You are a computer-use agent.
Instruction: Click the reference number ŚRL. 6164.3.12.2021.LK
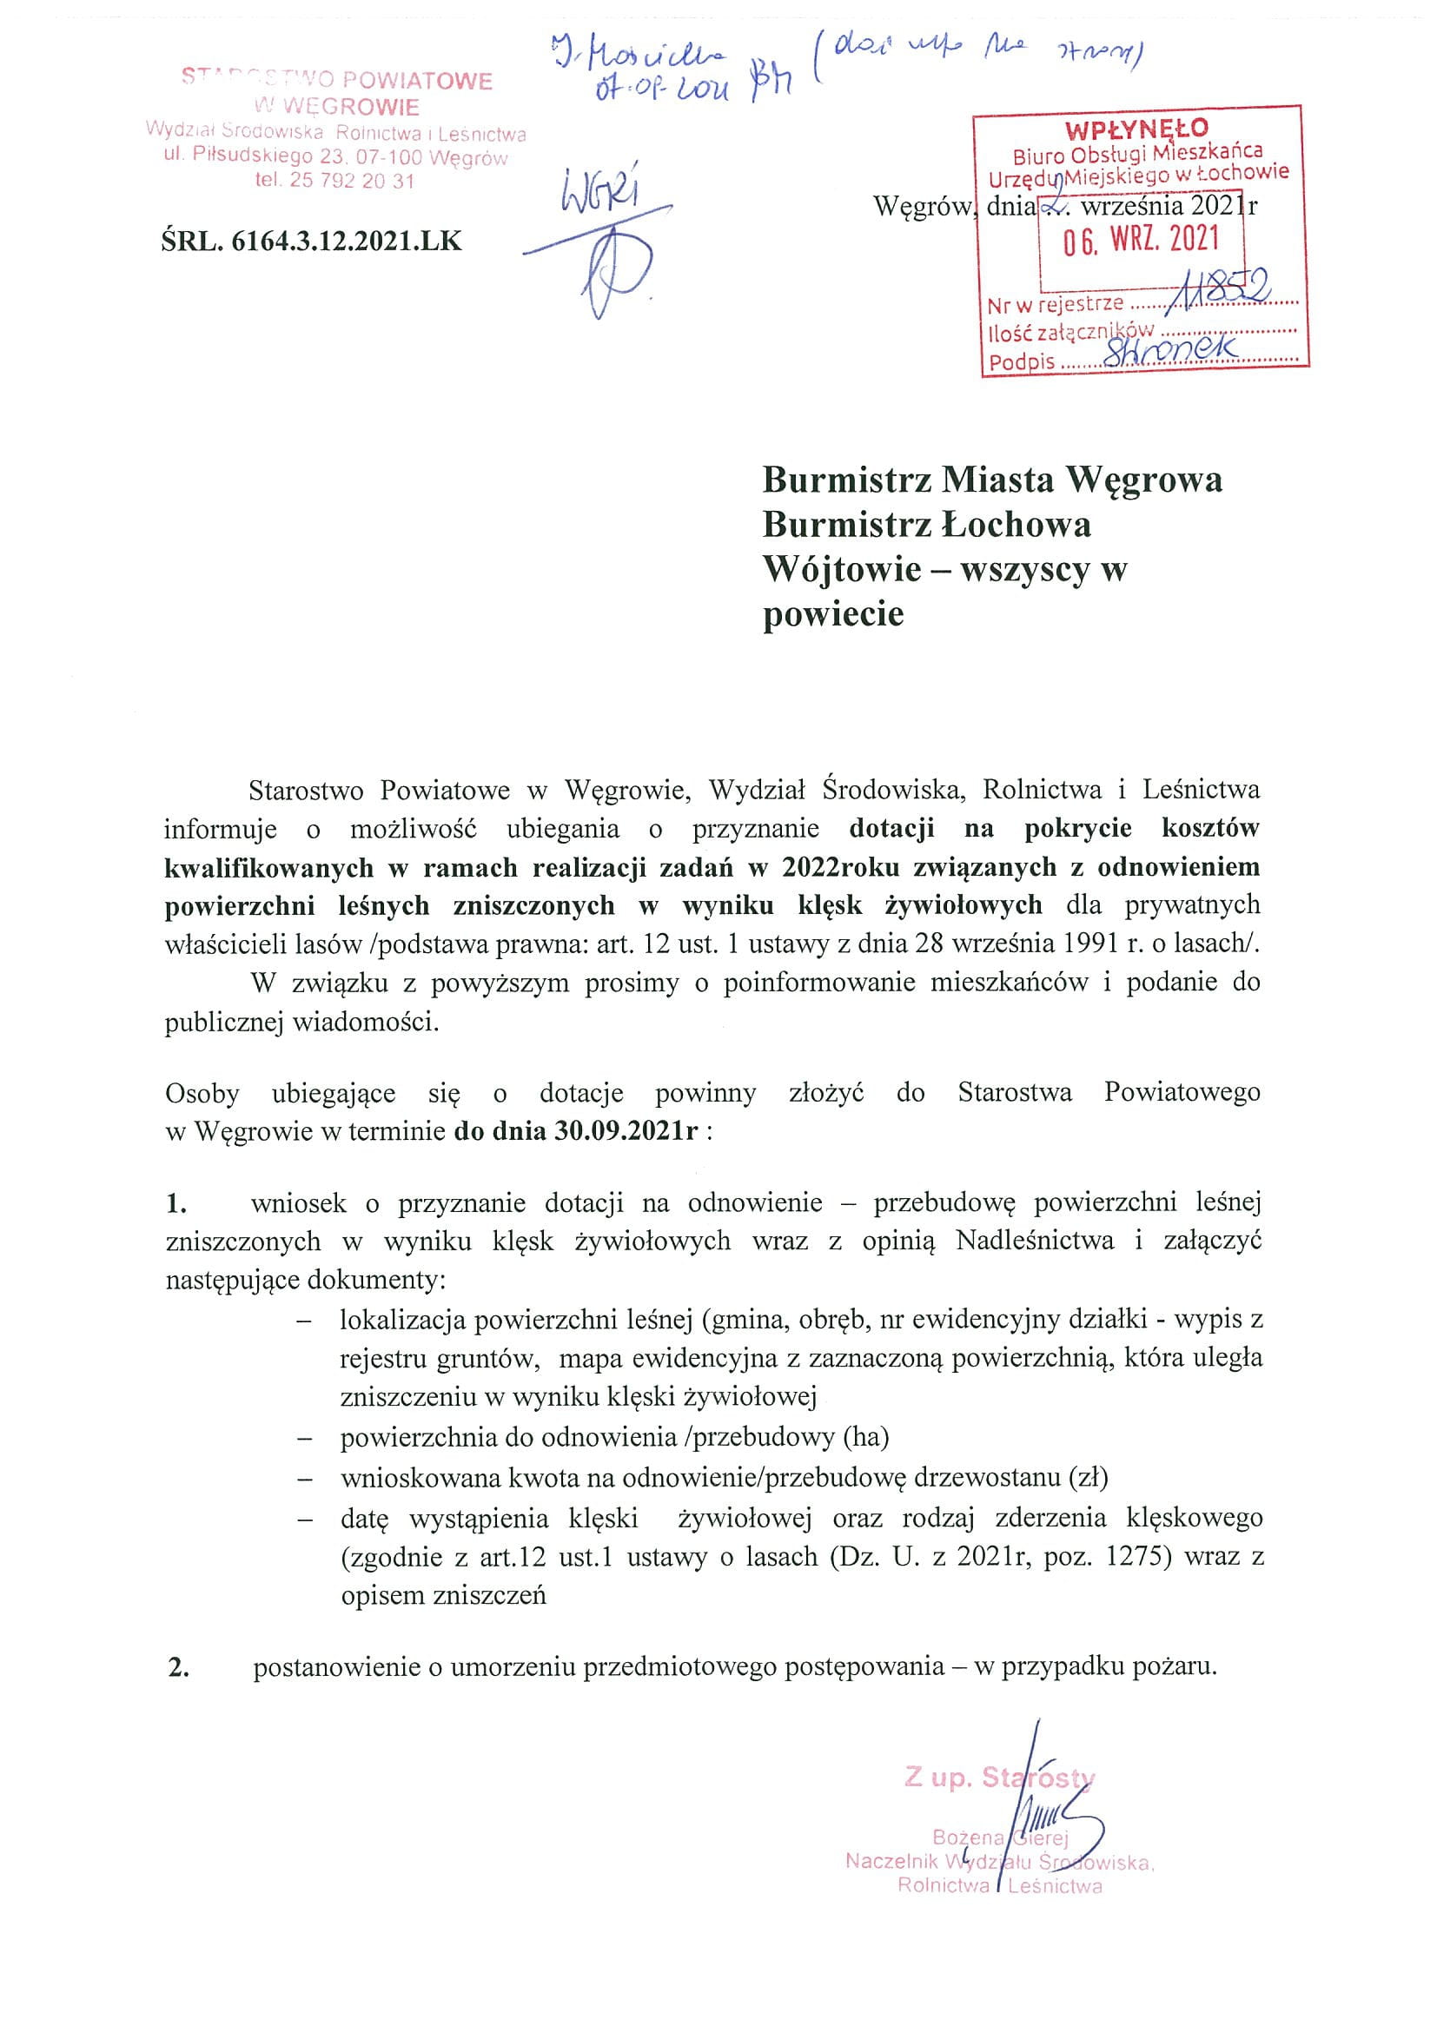click(x=312, y=241)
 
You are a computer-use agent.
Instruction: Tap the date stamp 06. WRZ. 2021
click(x=1142, y=239)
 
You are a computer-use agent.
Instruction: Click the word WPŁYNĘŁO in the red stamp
click(x=1137, y=129)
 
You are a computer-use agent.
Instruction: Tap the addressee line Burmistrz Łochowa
click(x=926, y=524)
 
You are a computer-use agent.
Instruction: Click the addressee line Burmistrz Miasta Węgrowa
click(x=991, y=479)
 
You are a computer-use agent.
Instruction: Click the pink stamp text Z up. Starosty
click(x=999, y=1778)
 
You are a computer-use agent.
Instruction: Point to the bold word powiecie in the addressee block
click(x=833, y=613)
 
